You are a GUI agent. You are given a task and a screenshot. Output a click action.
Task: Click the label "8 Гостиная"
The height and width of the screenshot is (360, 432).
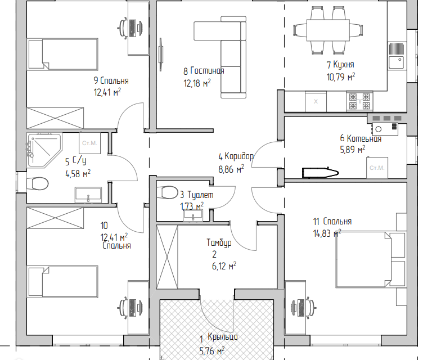pos(204,71)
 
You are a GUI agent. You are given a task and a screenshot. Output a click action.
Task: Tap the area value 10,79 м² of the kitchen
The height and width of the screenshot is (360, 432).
pos(341,76)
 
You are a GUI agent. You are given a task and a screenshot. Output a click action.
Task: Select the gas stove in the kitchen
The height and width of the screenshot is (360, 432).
pos(359,101)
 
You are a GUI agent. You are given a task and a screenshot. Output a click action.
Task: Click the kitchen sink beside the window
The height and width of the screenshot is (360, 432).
pos(397,56)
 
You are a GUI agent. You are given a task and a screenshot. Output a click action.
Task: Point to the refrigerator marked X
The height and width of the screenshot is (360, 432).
pos(316,101)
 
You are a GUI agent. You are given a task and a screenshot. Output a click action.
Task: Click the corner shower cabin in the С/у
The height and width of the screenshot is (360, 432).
pos(44,150)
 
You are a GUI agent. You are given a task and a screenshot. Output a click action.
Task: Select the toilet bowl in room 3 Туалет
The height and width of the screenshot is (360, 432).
pos(167,192)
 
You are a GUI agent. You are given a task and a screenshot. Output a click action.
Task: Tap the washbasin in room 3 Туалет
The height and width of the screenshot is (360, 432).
pos(193,215)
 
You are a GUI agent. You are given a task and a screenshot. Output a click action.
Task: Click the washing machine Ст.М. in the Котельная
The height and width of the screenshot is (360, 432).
pos(377,168)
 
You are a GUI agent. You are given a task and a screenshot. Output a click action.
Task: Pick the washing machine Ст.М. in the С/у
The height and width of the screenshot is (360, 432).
pos(89,143)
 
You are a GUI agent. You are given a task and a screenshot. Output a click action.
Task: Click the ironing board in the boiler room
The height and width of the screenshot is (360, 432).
pos(320,173)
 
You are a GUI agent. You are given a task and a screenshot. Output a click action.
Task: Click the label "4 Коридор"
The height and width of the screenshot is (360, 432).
pos(236,156)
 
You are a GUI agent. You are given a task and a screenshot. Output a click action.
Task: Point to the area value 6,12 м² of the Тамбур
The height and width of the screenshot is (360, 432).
pos(224,266)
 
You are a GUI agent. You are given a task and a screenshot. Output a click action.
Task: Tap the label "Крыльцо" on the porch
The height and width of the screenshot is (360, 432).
pos(223,337)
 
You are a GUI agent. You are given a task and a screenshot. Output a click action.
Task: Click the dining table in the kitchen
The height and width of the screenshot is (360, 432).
pos(328,30)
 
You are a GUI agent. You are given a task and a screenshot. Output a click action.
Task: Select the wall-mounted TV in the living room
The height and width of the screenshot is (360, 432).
pos(161,55)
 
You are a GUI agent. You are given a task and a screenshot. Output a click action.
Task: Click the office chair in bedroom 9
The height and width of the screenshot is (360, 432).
pos(123,27)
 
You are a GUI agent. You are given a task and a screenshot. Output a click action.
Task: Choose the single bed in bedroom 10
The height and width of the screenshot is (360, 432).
pos(62,281)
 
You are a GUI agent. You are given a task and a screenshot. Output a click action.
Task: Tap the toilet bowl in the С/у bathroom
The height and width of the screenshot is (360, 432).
pos(38,184)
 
